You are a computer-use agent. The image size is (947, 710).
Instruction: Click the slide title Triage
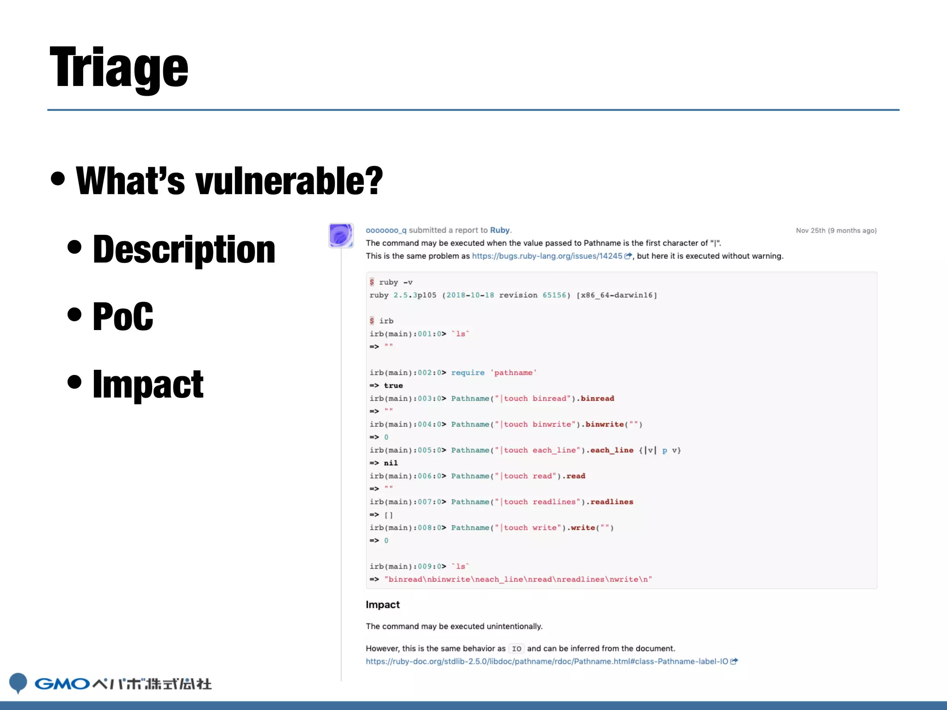coord(119,68)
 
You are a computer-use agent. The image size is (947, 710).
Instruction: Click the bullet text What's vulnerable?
coord(229,181)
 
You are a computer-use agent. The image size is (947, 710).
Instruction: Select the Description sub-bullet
coord(184,250)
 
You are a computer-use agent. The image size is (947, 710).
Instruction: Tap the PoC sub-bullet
coord(123,317)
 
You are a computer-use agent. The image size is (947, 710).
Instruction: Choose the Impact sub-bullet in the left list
coord(148,385)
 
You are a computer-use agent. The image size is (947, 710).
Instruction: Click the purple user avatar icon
coord(341,235)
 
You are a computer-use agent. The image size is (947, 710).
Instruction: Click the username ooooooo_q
coord(386,230)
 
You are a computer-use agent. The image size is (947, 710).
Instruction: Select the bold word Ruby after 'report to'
coord(499,230)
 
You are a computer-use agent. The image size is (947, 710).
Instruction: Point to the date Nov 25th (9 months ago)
coord(836,231)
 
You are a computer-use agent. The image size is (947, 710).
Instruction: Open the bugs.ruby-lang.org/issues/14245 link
coord(547,256)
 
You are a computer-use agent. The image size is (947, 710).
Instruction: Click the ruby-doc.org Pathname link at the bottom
coord(547,661)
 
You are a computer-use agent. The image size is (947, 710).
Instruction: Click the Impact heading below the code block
coord(382,605)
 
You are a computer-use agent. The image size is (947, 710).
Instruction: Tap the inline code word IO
coord(517,649)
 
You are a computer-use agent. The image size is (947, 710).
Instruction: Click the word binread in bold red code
coord(597,398)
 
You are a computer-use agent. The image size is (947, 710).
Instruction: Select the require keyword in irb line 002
coord(468,373)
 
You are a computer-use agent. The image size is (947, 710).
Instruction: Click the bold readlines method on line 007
coord(612,502)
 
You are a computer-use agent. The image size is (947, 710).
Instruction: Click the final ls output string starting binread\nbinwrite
coord(518,580)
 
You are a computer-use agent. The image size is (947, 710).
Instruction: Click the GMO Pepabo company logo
coord(111,683)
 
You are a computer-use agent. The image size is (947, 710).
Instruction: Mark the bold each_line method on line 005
coord(612,450)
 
